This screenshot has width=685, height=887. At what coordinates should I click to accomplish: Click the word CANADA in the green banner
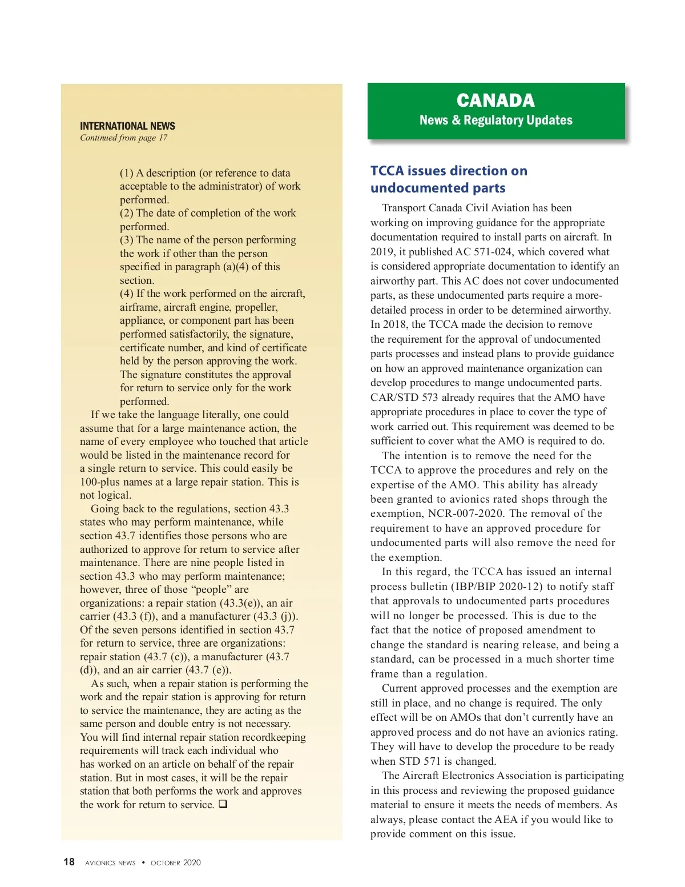click(x=495, y=101)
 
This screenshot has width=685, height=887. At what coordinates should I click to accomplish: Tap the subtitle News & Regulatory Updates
click(x=495, y=120)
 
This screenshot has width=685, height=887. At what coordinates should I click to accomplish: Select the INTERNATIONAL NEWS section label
click(x=127, y=126)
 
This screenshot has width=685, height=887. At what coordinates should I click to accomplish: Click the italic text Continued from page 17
click(x=123, y=138)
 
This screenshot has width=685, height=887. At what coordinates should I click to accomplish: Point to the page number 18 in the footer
click(x=68, y=862)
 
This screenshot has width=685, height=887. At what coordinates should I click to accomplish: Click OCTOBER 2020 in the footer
click(x=176, y=862)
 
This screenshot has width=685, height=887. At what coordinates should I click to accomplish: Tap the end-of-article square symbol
click(x=223, y=804)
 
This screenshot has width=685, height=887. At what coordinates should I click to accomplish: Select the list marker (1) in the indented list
click(x=126, y=173)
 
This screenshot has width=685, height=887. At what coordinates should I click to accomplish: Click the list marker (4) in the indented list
click(x=126, y=294)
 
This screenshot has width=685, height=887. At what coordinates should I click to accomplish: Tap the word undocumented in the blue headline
click(x=406, y=188)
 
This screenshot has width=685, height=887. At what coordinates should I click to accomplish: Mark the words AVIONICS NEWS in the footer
click(x=110, y=863)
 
